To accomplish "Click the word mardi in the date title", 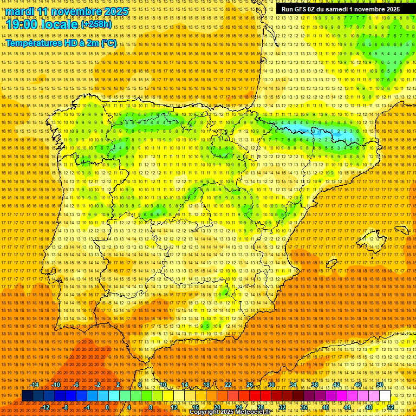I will click(20, 12).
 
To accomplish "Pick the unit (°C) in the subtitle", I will click(108, 43).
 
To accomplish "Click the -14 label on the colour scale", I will click(35, 385).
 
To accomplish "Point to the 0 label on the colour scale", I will click(108, 407).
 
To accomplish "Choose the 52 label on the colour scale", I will click(390, 407).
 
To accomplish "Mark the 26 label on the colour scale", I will click(250, 385).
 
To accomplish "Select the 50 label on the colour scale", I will click(380, 385).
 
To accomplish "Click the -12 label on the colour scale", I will click(45, 407).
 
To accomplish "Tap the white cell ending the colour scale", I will click(385, 396).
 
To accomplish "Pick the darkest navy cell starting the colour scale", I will click(27, 396).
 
